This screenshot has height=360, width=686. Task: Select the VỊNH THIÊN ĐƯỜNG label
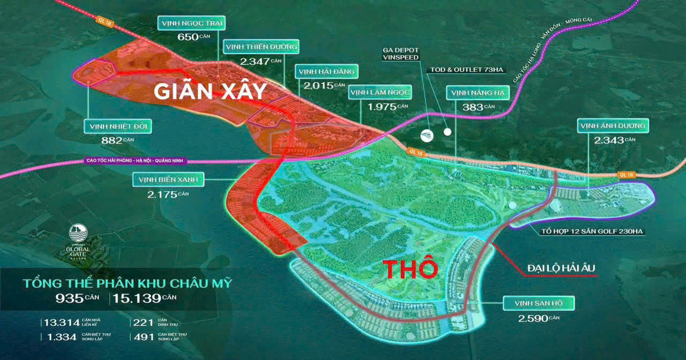coord(261,47)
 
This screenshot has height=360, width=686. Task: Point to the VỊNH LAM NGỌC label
coord(380,93)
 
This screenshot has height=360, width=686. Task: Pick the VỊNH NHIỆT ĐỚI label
coord(117,127)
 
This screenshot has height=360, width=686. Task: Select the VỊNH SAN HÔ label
coord(539,304)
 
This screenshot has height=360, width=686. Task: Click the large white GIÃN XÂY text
coord(210,92)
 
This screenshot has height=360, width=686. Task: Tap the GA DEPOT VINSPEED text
coord(400,53)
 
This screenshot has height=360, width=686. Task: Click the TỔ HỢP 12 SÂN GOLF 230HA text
coord(592,231)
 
